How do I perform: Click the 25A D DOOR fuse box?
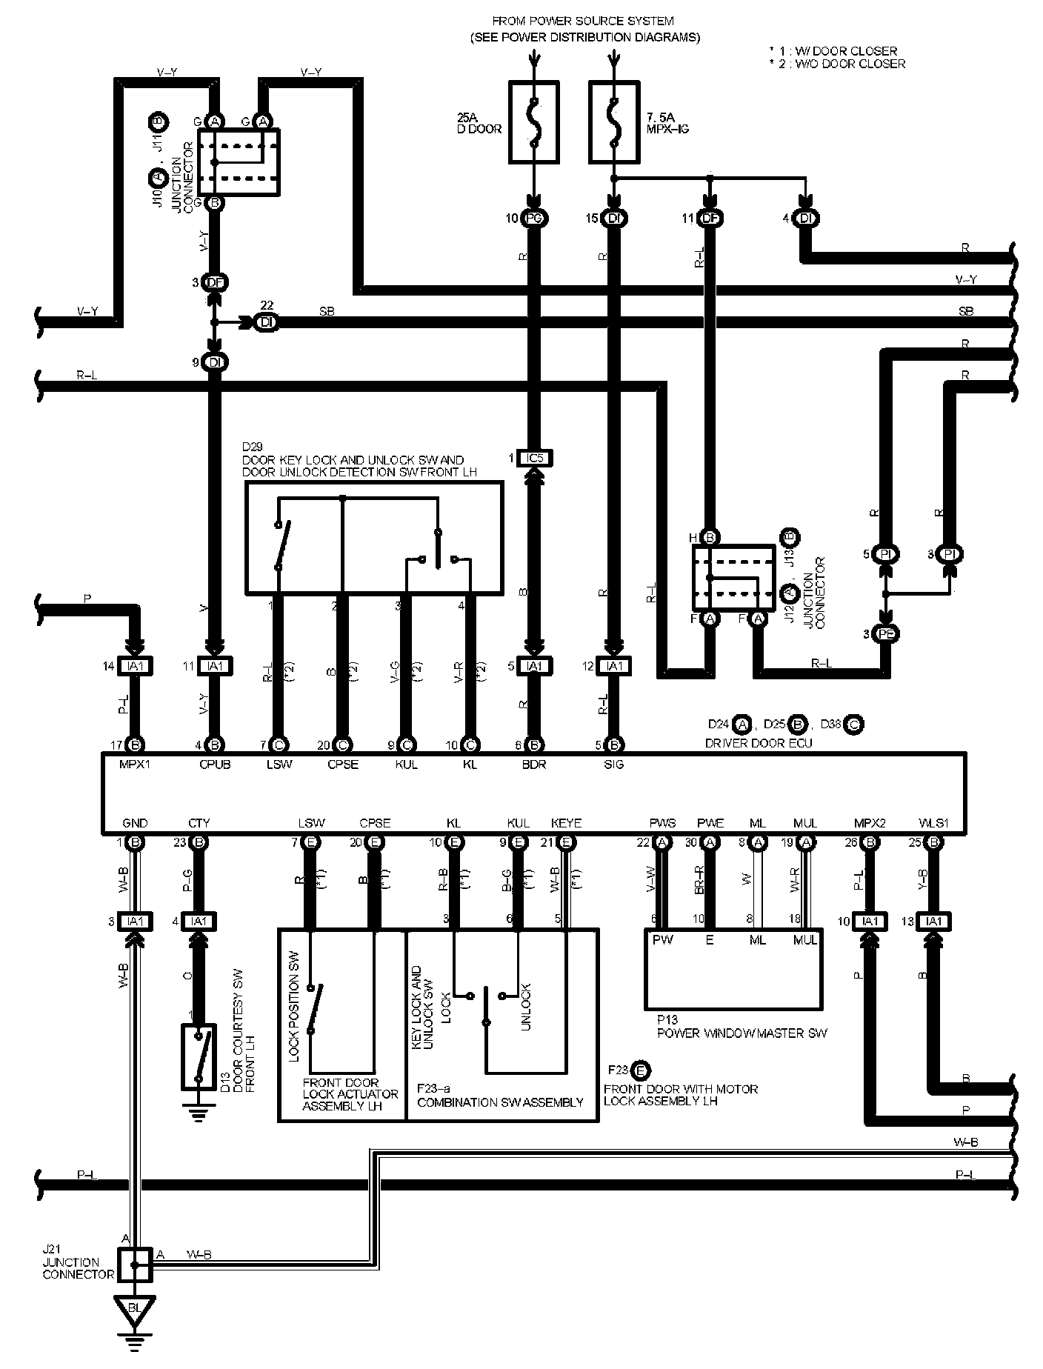pyautogui.click(x=534, y=122)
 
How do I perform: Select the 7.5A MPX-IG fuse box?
pyautogui.click(x=613, y=122)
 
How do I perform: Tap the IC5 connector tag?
pyautogui.click(x=535, y=459)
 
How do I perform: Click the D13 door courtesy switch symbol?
pyautogui.click(x=197, y=1057)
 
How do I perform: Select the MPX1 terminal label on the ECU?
pyautogui.click(x=135, y=765)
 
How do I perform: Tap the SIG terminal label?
pyautogui.click(x=613, y=765)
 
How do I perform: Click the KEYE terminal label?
pyautogui.click(x=567, y=823)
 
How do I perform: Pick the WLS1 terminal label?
pyautogui.click(x=933, y=823)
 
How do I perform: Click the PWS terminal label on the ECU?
pyautogui.click(x=662, y=823)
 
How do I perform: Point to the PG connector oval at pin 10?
pyautogui.click(x=534, y=219)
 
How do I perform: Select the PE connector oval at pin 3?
pyautogui.click(x=884, y=634)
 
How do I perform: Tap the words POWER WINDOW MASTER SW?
pyautogui.click(x=742, y=1033)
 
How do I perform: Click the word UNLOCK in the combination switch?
pyautogui.click(x=525, y=1007)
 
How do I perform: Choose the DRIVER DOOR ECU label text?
pyautogui.click(x=759, y=743)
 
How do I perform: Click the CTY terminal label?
pyautogui.click(x=199, y=823)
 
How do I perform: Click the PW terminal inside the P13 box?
pyautogui.click(x=662, y=940)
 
